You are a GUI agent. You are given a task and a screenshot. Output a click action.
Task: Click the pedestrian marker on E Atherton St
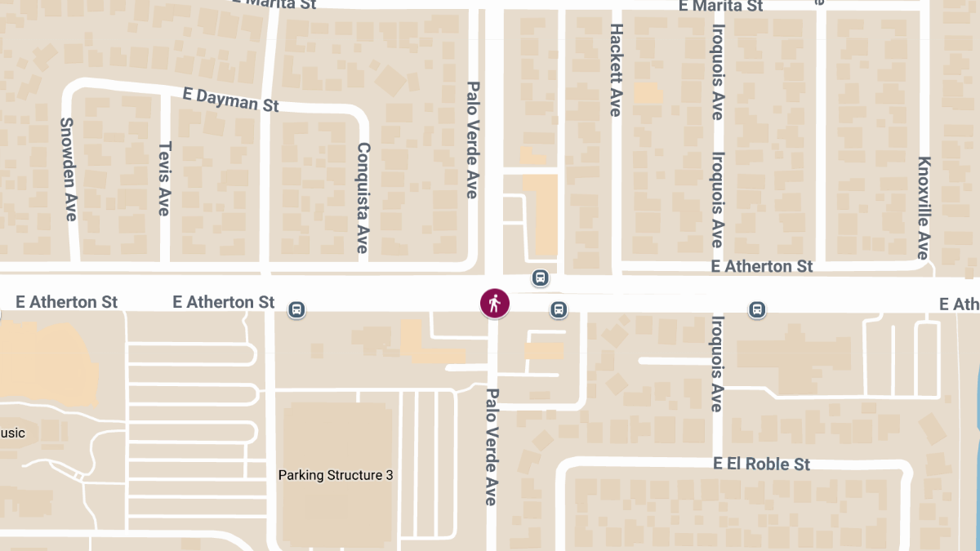click(494, 304)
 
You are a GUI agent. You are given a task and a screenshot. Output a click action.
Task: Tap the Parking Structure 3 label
click(336, 475)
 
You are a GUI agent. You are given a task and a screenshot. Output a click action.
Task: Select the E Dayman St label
click(231, 100)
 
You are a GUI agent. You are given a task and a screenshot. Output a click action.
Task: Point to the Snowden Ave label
click(69, 169)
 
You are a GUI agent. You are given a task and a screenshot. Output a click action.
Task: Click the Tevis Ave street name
click(164, 179)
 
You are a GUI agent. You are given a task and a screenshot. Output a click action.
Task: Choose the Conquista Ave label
click(363, 198)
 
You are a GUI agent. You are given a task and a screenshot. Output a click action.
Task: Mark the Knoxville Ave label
click(924, 207)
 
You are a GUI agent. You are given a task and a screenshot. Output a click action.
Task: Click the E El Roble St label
click(761, 464)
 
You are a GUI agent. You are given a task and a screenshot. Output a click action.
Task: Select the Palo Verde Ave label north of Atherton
click(472, 140)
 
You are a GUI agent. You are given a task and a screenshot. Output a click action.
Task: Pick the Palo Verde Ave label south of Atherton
click(492, 447)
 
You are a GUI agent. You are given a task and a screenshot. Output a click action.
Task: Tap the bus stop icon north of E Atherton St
click(540, 278)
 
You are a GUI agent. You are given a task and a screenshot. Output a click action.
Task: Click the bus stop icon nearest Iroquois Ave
click(758, 309)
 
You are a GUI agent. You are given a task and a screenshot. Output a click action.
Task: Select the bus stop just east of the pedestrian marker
click(559, 309)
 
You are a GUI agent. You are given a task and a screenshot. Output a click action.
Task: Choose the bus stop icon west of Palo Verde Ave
click(297, 309)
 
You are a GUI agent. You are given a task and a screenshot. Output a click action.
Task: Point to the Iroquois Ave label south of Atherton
click(717, 363)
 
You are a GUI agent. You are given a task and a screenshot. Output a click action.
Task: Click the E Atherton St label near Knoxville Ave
click(762, 266)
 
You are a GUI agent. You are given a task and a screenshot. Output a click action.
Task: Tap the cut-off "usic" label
click(12, 433)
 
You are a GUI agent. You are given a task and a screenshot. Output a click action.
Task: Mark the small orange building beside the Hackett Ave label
click(648, 93)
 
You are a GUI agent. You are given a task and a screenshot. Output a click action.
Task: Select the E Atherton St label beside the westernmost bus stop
click(224, 302)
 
